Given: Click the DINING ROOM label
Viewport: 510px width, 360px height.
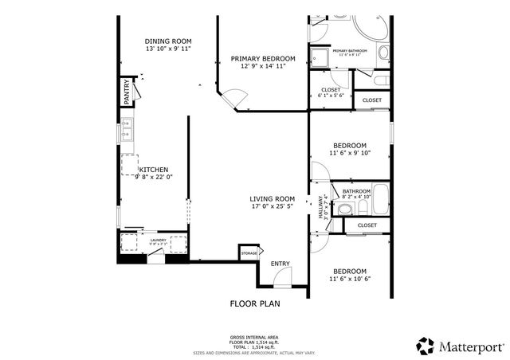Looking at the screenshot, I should [x=168, y=41].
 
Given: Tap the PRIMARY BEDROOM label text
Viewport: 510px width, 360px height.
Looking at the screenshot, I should [x=263, y=59].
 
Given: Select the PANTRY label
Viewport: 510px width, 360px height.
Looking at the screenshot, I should [x=127, y=92].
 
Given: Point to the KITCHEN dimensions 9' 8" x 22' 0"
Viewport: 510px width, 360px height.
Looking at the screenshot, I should [x=154, y=178].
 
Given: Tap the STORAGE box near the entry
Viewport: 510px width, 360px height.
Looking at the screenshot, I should [x=249, y=253].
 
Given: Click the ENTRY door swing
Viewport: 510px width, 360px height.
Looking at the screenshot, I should [x=281, y=278].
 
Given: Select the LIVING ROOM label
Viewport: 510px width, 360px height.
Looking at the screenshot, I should [x=273, y=199].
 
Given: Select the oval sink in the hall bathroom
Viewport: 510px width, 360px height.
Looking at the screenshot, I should [x=343, y=209].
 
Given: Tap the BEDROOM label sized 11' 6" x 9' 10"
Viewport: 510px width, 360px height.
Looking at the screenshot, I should [x=349, y=149].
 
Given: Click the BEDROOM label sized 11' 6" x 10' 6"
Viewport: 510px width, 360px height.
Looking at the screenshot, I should [x=349, y=275].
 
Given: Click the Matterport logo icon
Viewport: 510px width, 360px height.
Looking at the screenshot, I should [x=425, y=345].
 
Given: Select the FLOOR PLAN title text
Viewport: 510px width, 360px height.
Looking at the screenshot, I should [x=255, y=303].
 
